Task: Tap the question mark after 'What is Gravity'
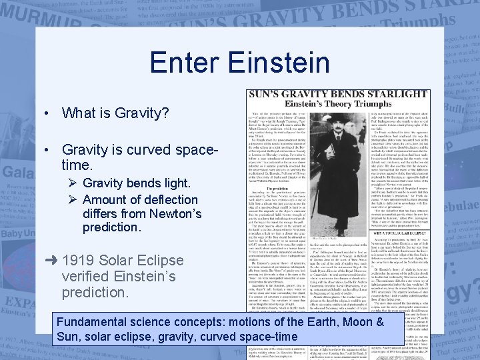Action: pos(165,113)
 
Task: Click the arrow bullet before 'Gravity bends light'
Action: pos(73,183)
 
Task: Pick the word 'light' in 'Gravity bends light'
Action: pos(173,183)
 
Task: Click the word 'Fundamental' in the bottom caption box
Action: pos(96,322)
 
